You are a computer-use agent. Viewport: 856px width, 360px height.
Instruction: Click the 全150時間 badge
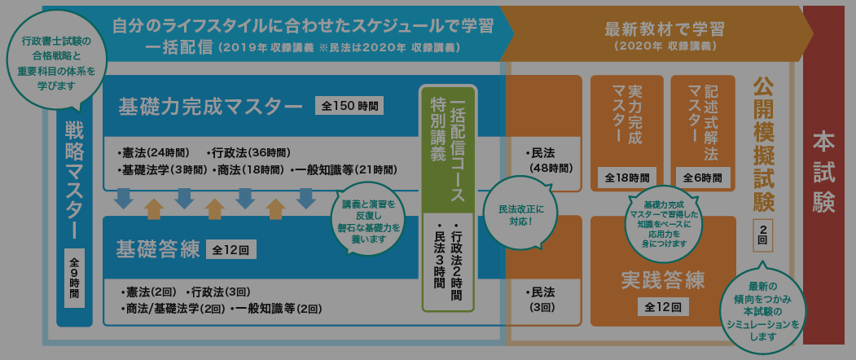coord(350,106)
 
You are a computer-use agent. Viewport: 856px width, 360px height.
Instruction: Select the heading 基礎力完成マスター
coord(209,107)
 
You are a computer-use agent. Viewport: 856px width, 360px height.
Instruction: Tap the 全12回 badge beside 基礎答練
coord(231,248)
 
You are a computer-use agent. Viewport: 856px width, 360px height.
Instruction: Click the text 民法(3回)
coord(542,300)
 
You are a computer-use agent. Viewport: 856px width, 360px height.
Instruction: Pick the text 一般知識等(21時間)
coord(345,169)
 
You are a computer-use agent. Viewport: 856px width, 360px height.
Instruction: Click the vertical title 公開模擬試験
coord(762,143)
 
